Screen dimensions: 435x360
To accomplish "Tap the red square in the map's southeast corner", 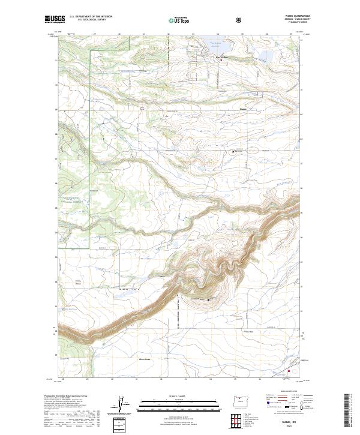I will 289,371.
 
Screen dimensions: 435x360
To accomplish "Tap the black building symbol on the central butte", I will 208,299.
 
